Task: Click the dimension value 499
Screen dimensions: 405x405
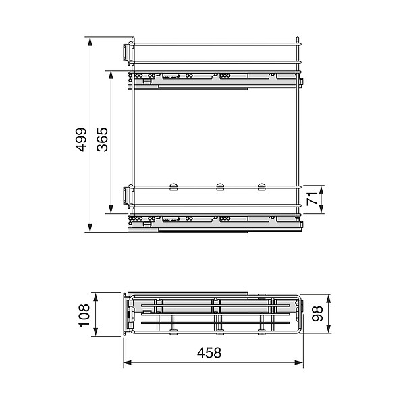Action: (81, 139)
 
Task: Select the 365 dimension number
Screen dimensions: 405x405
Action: (103, 139)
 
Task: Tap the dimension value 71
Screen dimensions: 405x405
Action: (312, 198)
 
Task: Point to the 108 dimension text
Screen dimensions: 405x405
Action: (84, 316)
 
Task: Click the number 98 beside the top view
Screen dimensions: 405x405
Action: (317, 314)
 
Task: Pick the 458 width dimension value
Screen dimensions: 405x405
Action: (209, 353)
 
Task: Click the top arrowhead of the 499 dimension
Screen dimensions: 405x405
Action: (90, 41)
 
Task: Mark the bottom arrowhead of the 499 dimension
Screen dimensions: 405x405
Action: (90, 228)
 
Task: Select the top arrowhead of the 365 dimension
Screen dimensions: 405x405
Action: (111, 75)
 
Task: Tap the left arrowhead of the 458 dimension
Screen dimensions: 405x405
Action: (128, 362)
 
